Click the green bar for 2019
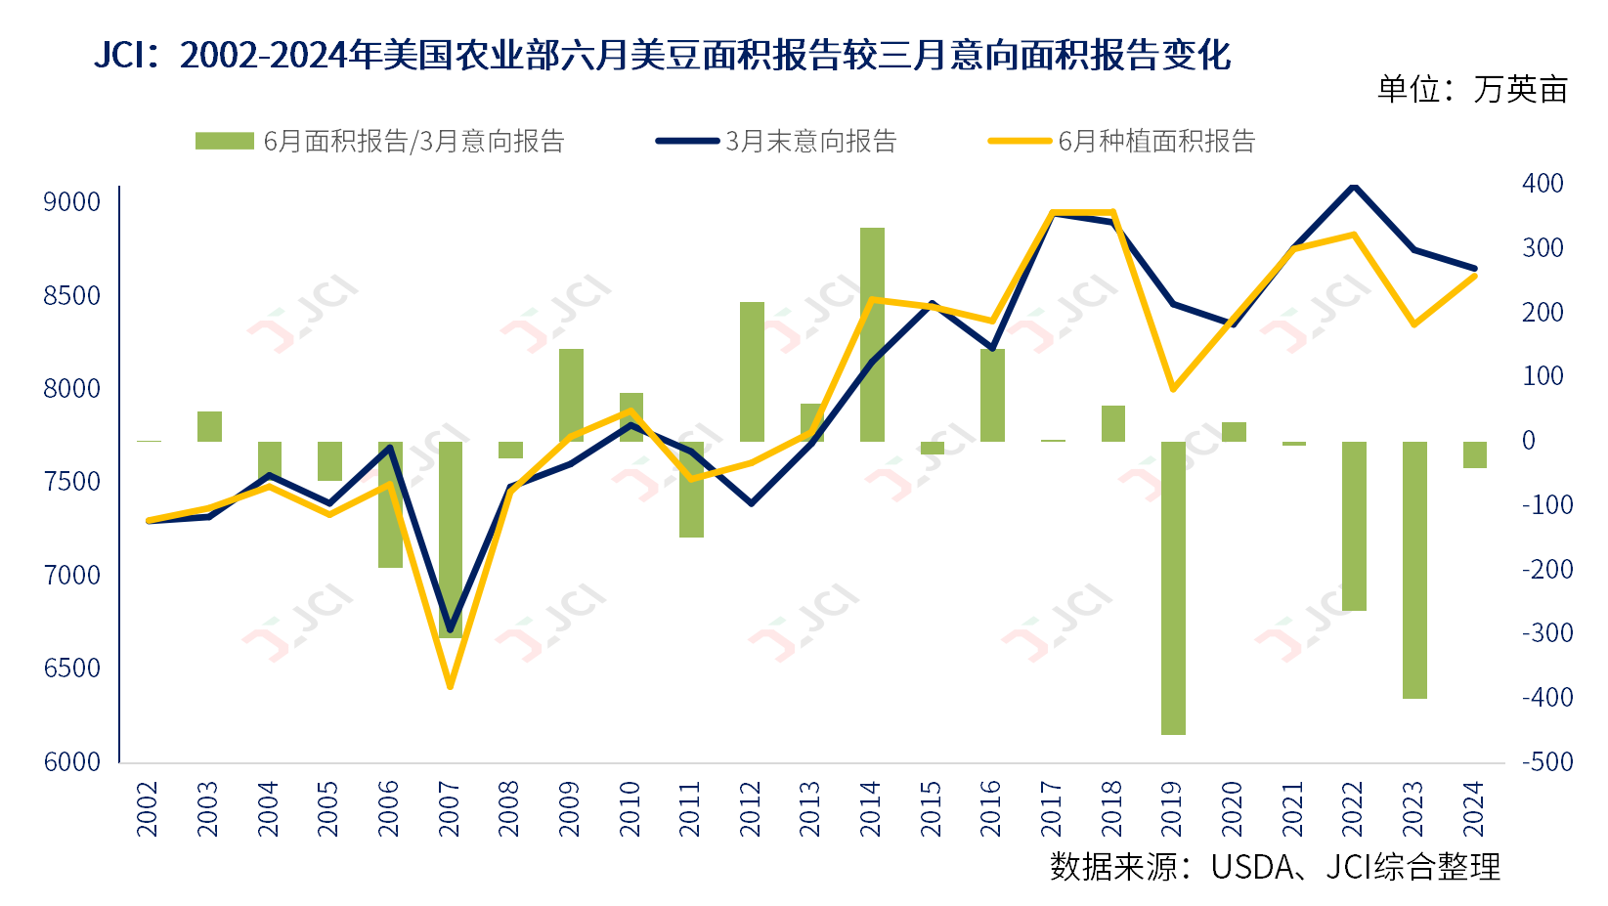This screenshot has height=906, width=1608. point(1173,586)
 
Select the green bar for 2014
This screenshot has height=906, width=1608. point(872,334)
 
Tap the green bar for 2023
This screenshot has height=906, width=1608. point(1414,570)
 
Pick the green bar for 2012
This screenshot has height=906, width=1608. point(752,371)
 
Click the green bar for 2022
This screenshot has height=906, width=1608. point(1354,526)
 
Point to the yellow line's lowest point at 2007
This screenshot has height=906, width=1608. point(450,686)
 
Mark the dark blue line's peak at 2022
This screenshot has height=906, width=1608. point(1354,185)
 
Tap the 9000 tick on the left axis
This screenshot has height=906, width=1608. point(72,202)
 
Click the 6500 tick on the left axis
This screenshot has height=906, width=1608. point(72,669)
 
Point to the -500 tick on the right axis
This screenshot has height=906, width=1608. point(1547,761)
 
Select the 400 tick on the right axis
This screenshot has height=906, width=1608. point(1543,184)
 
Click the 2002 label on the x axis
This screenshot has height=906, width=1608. point(148,808)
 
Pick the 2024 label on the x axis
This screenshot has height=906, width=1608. point(1474,808)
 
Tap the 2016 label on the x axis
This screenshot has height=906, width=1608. point(991,808)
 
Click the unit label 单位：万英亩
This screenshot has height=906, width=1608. point(1472,90)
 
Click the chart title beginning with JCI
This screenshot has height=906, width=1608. point(662,55)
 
